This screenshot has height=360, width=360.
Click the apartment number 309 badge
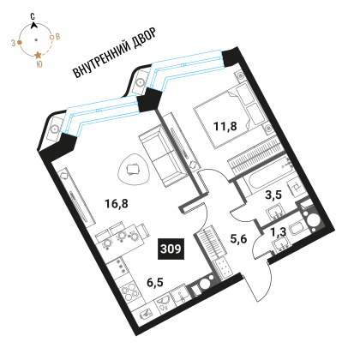pos(171,249)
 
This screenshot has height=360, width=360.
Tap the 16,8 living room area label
pos(117,204)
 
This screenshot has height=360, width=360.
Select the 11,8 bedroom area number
pos(225,126)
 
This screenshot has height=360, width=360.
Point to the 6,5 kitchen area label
pos(155,282)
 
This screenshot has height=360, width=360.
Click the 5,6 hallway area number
pos(238,238)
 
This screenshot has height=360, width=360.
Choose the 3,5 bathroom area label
pos(273,195)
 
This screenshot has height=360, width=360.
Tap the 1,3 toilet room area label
pos(279,232)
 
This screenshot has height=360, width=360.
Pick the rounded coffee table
pos(134,170)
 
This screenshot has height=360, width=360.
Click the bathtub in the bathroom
pos(271,177)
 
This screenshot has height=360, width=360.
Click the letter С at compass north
pos(33,16)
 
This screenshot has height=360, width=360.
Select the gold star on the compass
pos(38,55)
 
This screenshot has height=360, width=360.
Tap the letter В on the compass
pos(58,37)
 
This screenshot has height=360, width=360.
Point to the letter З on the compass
pos(13,43)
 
